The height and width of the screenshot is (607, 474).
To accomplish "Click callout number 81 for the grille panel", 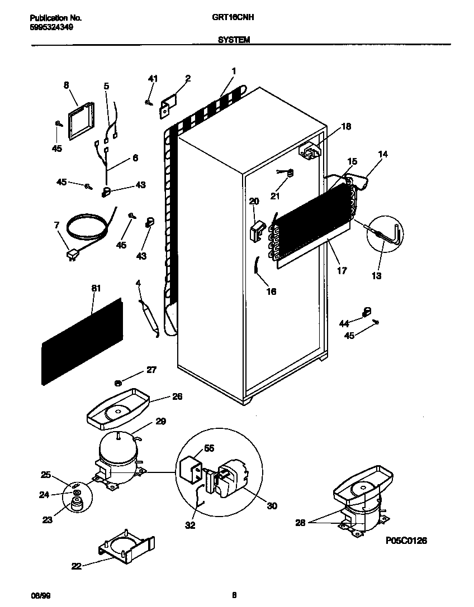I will (x=96, y=288).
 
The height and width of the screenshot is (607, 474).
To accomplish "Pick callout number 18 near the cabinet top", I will (x=346, y=126).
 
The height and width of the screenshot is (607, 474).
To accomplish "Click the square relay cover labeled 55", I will (x=190, y=464).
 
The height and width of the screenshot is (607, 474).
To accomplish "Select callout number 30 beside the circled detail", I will (x=272, y=506).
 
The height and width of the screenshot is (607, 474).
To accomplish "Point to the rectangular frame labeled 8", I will (x=80, y=122).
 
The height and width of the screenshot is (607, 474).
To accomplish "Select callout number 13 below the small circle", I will (x=376, y=276).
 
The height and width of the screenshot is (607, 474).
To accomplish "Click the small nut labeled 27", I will (x=118, y=383).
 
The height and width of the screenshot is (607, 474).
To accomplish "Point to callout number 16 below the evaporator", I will (x=271, y=291).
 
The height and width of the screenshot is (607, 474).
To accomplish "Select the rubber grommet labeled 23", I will (x=75, y=504).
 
